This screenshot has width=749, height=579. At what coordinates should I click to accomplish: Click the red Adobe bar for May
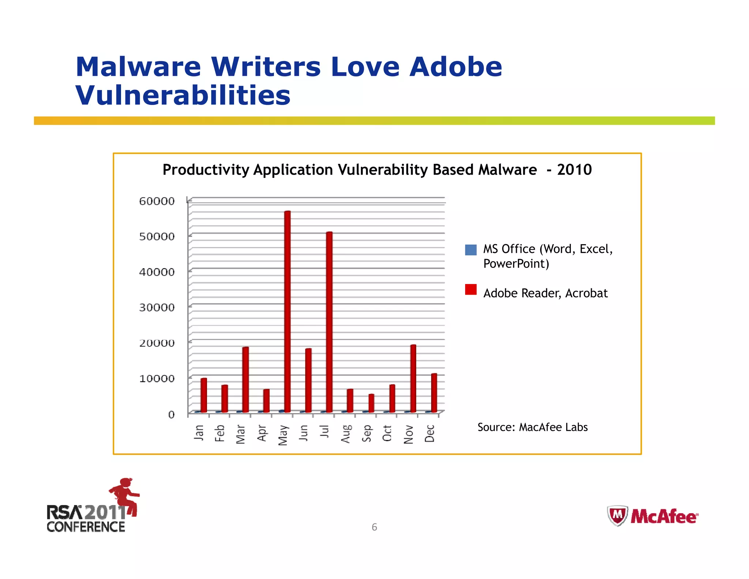pyautogui.click(x=287, y=311)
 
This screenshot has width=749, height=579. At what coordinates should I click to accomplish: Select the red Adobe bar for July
pyautogui.click(x=329, y=322)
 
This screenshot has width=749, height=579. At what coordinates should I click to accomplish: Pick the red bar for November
pyautogui.click(x=413, y=378)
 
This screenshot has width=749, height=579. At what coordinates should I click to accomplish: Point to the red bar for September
pyautogui.click(x=371, y=403)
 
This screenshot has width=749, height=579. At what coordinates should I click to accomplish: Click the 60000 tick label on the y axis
pyautogui.click(x=157, y=201)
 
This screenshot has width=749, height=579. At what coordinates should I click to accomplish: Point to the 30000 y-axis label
pyautogui.click(x=157, y=307)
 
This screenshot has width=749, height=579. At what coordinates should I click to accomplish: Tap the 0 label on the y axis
pyautogui.click(x=171, y=414)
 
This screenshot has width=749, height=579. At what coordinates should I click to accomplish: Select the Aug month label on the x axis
pyautogui.click(x=346, y=434)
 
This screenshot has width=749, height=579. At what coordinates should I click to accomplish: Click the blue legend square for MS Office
pyautogui.click(x=471, y=250)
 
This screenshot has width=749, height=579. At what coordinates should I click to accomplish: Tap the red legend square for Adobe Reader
pyautogui.click(x=471, y=289)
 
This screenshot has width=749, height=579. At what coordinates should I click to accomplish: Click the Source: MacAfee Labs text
pyautogui.click(x=532, y=427)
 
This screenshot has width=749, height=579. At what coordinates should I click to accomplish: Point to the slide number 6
pyautogui.click(x=374, y=527)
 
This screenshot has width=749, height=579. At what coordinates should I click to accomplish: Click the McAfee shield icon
pyautogui.click(x=617, y=515)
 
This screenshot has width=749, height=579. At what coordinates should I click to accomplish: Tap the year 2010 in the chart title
pyautogui.click(x=574, y=170)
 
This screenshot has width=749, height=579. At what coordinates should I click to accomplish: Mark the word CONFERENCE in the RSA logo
pyautogui.click(x=86, y=527)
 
